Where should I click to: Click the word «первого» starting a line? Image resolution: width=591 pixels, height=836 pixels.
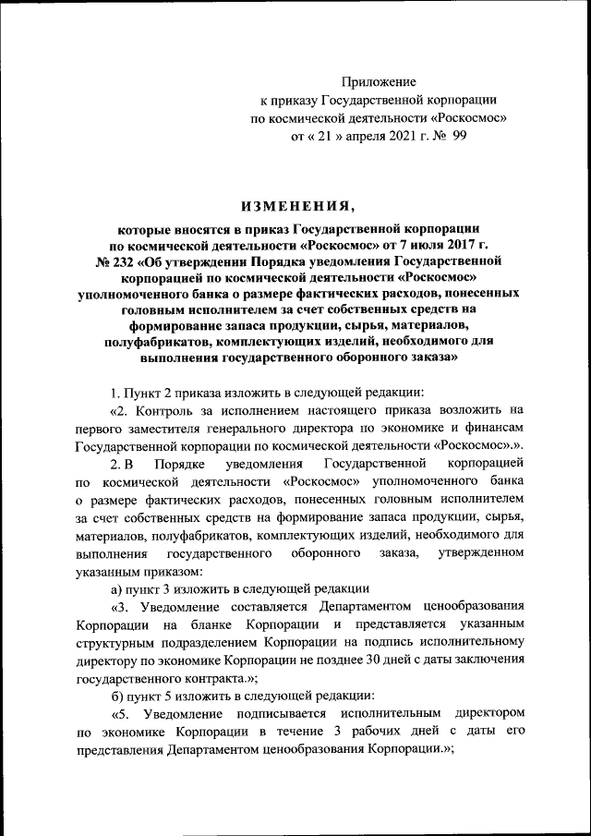coord(98,428)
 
